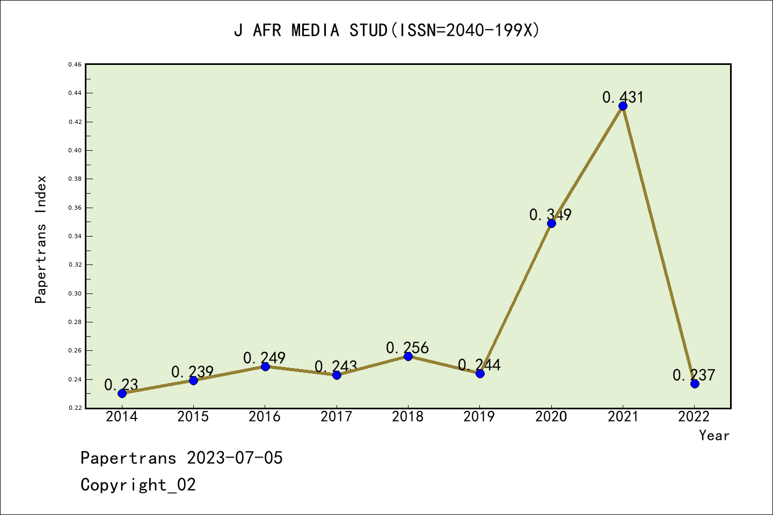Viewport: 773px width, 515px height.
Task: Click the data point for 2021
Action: pos(623,106)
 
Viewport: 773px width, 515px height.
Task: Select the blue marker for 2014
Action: pos(122,393)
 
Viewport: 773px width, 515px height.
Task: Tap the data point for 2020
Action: pos(551,223)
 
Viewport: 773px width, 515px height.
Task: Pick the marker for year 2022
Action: pos(695,384)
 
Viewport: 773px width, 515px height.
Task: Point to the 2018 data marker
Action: pos(408,356)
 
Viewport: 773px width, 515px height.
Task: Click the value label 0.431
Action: pos(623,97)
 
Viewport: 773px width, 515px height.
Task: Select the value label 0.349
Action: pos(550,215)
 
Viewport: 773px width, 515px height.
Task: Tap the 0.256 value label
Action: pos(407,348)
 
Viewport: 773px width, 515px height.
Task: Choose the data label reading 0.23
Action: pos(121,385)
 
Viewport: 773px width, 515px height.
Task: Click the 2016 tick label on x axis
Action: pos(265,417)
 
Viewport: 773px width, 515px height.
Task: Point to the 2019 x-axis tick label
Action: pos(479,417)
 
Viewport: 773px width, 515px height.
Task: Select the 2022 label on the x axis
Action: pos(694,417)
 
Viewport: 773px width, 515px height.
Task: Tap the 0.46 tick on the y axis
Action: pos(75,64)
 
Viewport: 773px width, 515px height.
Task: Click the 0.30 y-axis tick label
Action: pos(75,293)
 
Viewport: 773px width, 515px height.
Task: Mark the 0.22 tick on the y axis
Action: pos(75,408)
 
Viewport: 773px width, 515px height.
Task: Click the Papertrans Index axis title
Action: pos(41,239)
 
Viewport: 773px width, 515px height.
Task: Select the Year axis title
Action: pos(714,436)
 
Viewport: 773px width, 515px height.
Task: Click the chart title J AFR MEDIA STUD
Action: pos(386,31)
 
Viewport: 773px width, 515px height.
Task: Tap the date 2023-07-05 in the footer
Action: pos(235,458)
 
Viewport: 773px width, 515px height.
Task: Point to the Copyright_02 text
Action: pos(138,485)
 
